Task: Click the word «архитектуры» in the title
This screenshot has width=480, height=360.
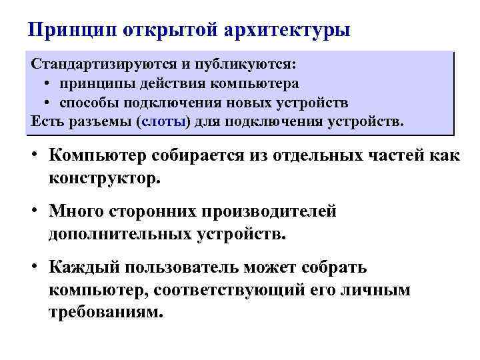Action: tap(288, 31)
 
